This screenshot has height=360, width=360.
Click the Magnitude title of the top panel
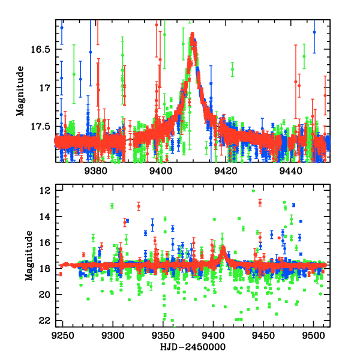coord(20,91)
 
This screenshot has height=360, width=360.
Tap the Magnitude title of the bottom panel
coord(20,257)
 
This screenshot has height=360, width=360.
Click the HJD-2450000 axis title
coord(192,347)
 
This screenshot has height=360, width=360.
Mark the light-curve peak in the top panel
coord(193,34)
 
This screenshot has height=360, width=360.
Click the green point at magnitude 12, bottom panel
coord(253,191)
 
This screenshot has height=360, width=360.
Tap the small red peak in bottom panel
coord(223,248)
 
